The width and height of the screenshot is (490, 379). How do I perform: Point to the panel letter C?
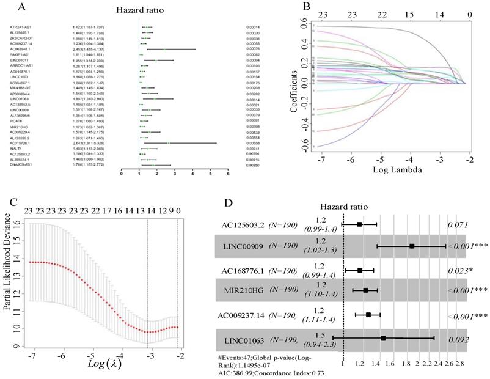coord(9,202)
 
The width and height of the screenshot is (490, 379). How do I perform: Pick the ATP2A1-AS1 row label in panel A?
coord(21,28)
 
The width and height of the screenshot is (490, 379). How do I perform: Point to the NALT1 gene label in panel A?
coord(16,148)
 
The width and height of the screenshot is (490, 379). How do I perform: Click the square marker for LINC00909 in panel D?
coord(412,246)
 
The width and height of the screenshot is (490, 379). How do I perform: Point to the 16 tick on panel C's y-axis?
coord(18,224)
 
